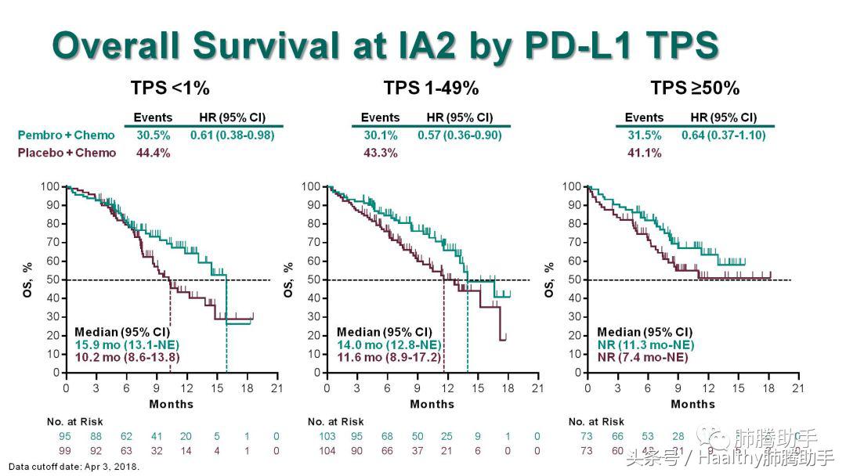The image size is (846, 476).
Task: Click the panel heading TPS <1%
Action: (x=170, y=88)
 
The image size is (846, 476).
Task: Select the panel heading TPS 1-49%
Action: (x=431, y=88)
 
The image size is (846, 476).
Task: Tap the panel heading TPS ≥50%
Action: (x=695, y=88)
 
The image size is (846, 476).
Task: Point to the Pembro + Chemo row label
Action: (x=66, y=135)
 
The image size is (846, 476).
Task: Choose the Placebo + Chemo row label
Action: (x=67, y=153)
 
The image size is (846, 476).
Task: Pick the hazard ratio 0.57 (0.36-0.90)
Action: (x=465, y=135)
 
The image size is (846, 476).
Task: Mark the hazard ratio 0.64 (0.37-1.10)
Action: (x=729, y=135)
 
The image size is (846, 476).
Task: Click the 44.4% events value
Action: (x=154, y=153)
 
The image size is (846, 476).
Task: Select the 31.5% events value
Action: (x=645, y=135)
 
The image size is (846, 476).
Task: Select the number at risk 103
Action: (x=327, y=436)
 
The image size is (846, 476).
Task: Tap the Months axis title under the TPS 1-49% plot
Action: (x=432, y=404)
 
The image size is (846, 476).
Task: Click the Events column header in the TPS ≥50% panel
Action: (x=644, y=117)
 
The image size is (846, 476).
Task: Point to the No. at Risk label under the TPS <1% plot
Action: (x=75, y=422)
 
